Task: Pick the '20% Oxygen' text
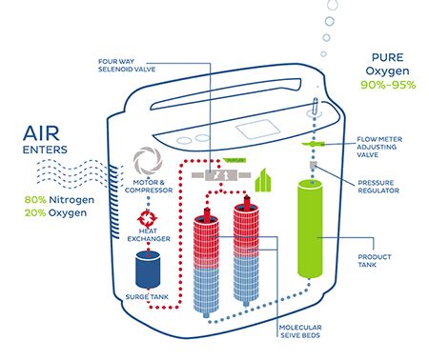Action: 51,213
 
